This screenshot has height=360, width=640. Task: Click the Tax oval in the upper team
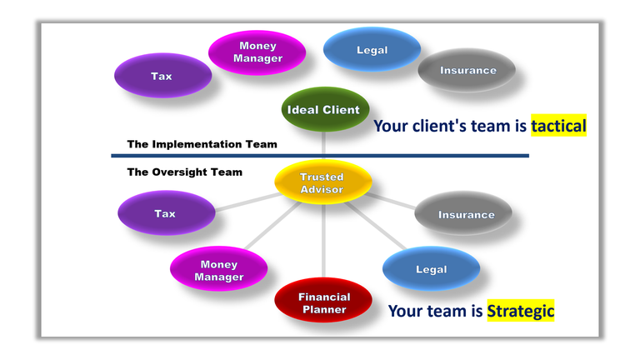(x=162, y=76)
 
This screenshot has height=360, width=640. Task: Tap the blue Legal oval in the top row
(x=372, y=50)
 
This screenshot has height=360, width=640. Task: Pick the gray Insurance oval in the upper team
(x=467, y=71)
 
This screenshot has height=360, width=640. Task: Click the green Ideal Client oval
(x=323, y=110)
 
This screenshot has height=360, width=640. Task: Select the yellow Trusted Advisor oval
(x=322, y=183)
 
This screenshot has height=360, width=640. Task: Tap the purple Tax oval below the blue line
(x=165, y=214)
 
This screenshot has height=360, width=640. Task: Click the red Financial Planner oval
(x=324, y=302)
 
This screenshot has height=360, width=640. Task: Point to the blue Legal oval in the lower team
(x=431, y=269)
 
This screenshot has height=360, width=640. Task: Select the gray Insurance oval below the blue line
(x=465, y=214)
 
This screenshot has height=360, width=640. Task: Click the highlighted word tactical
(x=558, y=126)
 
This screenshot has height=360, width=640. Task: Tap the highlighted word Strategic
(x=521, y=311)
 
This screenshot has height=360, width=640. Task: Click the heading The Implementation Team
(x=202, y=144)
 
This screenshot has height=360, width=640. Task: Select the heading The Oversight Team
(x=184, y=172)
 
